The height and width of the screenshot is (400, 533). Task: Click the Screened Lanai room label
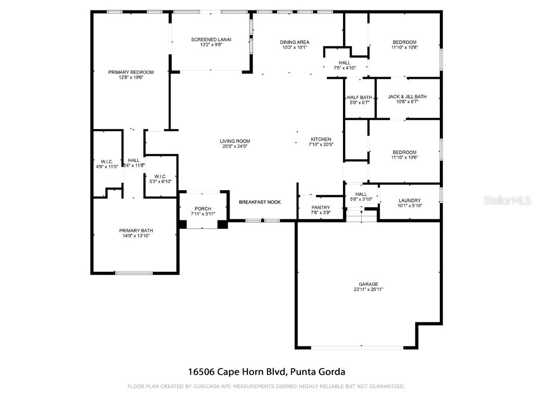pyautogui.click(x=211, y=40)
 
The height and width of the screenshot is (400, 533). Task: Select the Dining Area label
pyautogui.click(x=295, y=42)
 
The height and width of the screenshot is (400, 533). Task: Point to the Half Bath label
pyautogui.click(x=359, y=97)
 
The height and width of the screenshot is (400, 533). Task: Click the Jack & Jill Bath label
pyautogui.click(x=408, y=96)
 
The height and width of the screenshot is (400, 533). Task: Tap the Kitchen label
pyautogui.click(x=321, y=139)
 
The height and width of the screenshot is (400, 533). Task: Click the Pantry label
pyautogui.click(x=321, y=207)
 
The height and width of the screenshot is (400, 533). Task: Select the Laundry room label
pyautogui.click(x=410, y=201)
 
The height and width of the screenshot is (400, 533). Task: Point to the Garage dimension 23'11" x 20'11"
pyautogui.click(x=368, y=290)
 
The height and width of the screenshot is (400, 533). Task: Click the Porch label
pyautogui.click(x=203, y=209)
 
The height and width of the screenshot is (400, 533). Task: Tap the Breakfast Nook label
pyautogui.click(x=260, y=202)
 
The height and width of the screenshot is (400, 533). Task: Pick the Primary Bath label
pyautogui.click(x=136, y=231)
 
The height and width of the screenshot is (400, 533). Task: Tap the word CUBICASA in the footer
pyautogui.click(x=205, y=386)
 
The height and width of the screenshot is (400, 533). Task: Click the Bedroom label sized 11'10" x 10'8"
pyautogui.click(x=404, y=42)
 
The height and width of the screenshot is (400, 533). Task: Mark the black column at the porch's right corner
pyautogui.click(x=223, y=224)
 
